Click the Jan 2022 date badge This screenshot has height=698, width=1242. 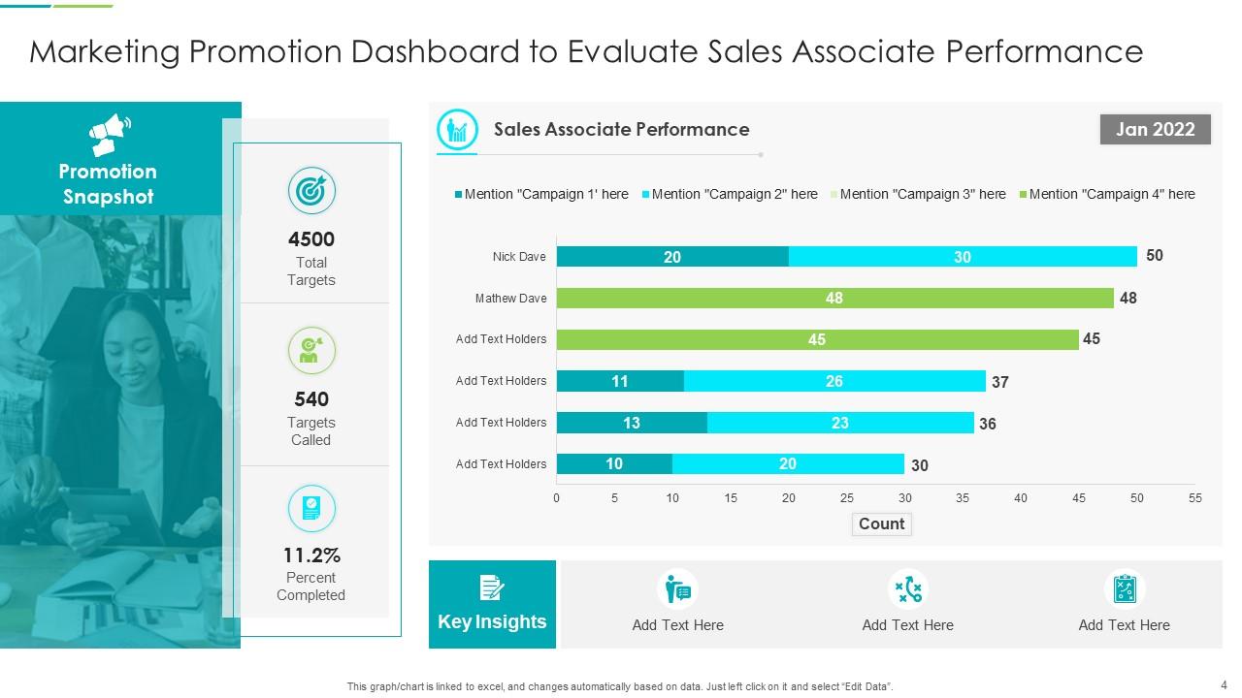coord(1155,130)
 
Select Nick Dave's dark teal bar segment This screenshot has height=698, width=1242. coord(672,257)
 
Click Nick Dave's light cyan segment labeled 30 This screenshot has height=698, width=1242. coord(963,257)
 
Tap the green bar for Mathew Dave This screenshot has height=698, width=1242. coord(834,299)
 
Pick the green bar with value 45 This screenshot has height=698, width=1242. coord(817,339)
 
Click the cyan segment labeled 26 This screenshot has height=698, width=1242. coord(834,381)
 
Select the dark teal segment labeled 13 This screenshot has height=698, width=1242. coord(632,423)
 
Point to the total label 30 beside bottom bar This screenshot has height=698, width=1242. coord(919,465)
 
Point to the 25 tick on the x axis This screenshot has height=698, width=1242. coord(847,498)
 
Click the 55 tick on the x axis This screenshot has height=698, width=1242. coord(1194,498)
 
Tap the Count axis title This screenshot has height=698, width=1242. coord(881,523)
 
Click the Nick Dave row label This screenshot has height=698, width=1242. coord(519,257)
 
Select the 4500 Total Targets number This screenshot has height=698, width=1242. coord(311,239)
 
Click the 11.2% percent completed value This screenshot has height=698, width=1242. coord(311,555)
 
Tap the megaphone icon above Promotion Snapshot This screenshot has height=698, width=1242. coord(110,135)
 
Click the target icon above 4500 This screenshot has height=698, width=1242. coord(311,191)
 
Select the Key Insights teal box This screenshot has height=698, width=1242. coord(492,604)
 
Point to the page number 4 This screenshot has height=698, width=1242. coord(1224,683)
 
